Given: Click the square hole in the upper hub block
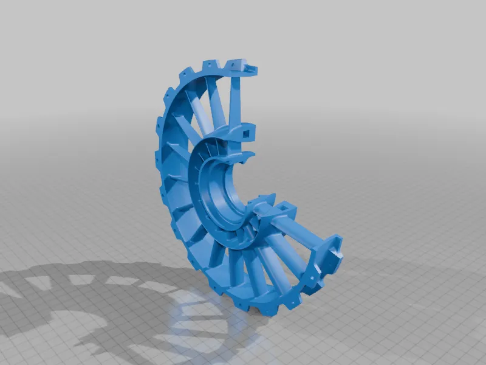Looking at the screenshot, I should coord(247,131).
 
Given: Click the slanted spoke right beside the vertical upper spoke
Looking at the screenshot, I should coord(217,100).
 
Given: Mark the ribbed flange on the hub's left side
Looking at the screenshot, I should coord(200,182).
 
